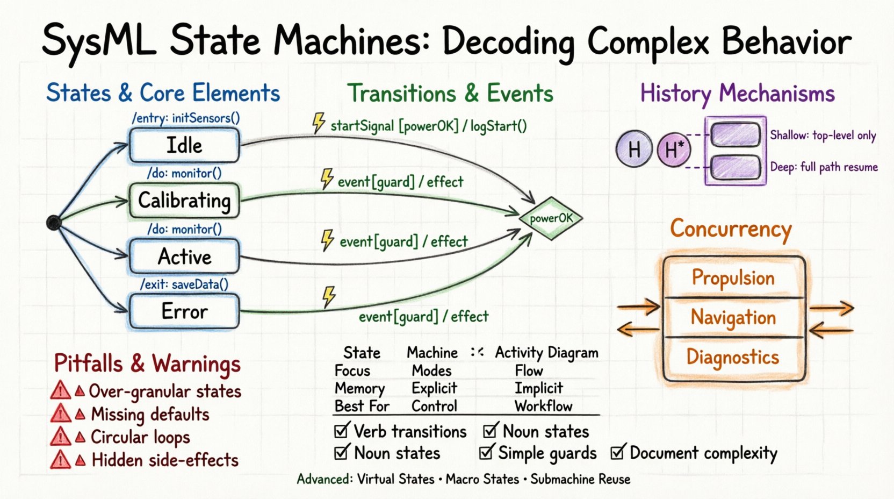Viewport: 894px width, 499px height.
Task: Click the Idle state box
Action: (184, 146)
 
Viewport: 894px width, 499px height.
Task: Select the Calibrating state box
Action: (184, 201)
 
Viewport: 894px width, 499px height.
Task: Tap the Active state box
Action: (184, 256)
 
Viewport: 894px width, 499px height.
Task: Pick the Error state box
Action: (184, 311)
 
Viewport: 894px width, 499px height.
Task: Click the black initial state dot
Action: (54, 222)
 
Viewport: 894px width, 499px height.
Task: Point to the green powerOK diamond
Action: (551, 218)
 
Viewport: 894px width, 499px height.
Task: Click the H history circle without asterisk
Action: (634, 149)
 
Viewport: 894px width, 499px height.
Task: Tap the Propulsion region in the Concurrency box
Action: (733, 277)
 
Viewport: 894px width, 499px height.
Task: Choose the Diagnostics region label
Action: (733, 357)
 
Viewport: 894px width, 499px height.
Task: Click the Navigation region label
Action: (733, 317)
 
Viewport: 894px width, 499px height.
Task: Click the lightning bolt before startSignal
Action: (319, 123)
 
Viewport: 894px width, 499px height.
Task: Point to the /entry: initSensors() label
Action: (186, 118)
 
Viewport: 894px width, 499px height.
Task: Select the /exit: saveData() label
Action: (184, 284)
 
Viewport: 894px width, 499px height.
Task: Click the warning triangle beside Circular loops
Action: (60, 437)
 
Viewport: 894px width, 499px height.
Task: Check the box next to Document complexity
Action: (618, 452)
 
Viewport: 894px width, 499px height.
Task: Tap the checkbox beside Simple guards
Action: (486, 452)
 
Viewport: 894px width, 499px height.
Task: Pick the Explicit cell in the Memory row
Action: (434, 388)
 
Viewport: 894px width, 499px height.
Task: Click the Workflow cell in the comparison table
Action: (543, 406)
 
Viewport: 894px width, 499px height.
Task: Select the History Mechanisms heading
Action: (737, 94)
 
